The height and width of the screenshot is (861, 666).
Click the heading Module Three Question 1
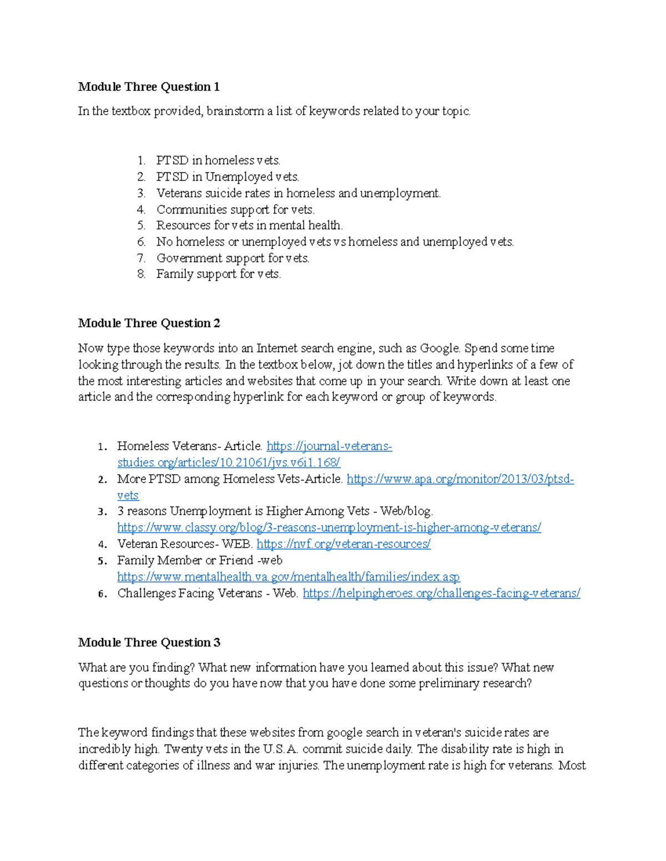coord(149,86)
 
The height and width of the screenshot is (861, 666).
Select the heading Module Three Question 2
coord(149,323)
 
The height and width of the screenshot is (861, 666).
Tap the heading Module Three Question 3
coord(149,643)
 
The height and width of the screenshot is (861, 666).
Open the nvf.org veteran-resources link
coord(343,544)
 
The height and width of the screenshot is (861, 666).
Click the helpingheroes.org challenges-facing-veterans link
coord(441,593)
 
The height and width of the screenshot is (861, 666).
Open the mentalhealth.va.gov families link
coord(288,577)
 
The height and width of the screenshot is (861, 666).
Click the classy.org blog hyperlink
coord(329,527)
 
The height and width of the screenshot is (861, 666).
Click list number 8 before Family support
coord(141,274)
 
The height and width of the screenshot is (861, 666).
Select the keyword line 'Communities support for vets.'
coord(235,210)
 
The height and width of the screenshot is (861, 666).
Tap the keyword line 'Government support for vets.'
coord(233,258)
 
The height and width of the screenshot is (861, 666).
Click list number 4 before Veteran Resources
coord(102,544)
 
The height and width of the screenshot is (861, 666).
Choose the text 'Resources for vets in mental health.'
coord(249,226)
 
